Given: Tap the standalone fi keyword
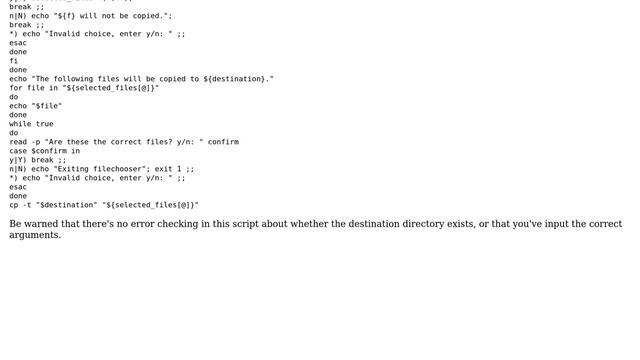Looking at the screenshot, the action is [14, 61].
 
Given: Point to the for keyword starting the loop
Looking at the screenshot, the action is [16, 88].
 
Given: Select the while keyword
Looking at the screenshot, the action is [21, 124].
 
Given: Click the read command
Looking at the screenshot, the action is [19, 142].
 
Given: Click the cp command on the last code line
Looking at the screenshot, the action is [14, 205].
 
